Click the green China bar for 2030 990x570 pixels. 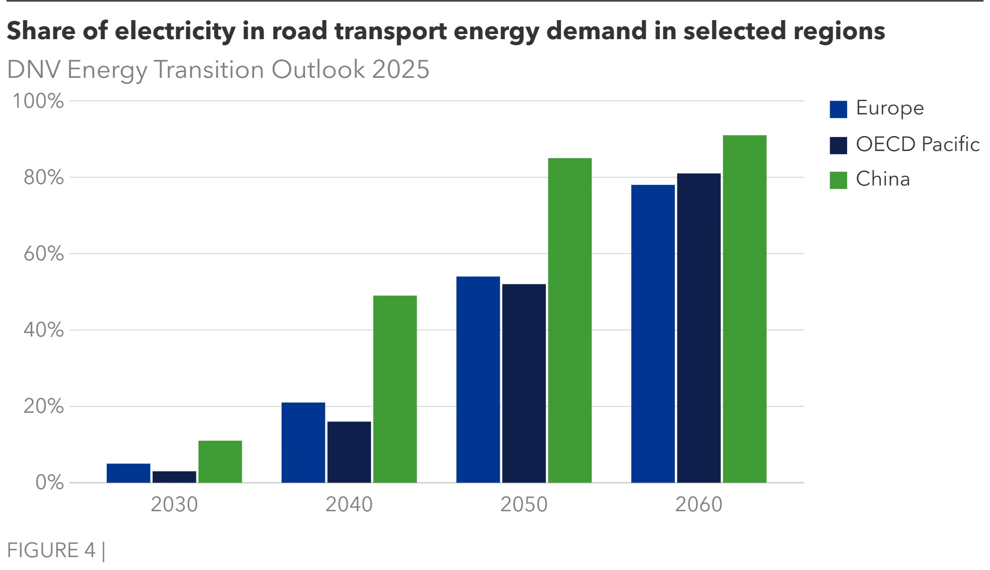coord(220,462)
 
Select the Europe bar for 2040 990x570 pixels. coord(303,443)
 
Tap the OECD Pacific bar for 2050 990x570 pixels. coord(524,383)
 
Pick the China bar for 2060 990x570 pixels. coord(745,309)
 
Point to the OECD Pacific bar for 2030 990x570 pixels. coord(174,477)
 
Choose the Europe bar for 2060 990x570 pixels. coord(653,334)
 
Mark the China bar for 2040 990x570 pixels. coord(395,389)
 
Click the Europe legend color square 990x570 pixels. coord(838,109)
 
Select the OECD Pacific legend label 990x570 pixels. coord(917,144)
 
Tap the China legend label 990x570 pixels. coord(883,179)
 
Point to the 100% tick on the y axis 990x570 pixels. coord(38,101)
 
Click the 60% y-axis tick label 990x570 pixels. coord(44,254)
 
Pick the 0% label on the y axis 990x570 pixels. coord(49,483)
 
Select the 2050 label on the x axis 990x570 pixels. coord(524,505)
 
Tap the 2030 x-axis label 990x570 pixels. coord(174,505)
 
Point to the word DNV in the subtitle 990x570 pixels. coord(34,70)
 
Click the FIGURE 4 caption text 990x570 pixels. coord(51,550)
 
